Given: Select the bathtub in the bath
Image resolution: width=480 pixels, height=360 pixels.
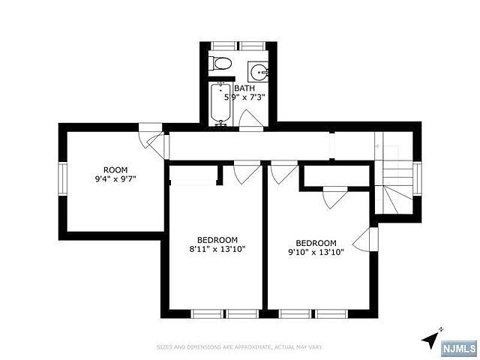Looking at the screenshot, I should pyautogui.click(x=220, y=104).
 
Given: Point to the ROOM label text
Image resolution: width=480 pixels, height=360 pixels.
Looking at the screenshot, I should pyautogui.click(x=115, y=169).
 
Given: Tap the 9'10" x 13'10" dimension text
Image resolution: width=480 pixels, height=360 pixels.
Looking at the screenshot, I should pyautogui.click(x=316, y=253).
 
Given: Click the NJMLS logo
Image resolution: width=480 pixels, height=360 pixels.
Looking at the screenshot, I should pyautogui.click(x=458, y=348).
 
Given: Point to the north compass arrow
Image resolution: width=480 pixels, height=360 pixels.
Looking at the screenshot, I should pyautogui.click(x=430, y=339).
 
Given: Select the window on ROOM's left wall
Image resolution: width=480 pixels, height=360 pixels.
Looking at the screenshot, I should pyautogui.click(x=63, y=178).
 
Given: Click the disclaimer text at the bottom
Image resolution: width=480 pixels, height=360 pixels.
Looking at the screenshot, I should pyautogui.click(x=240, y=346).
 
